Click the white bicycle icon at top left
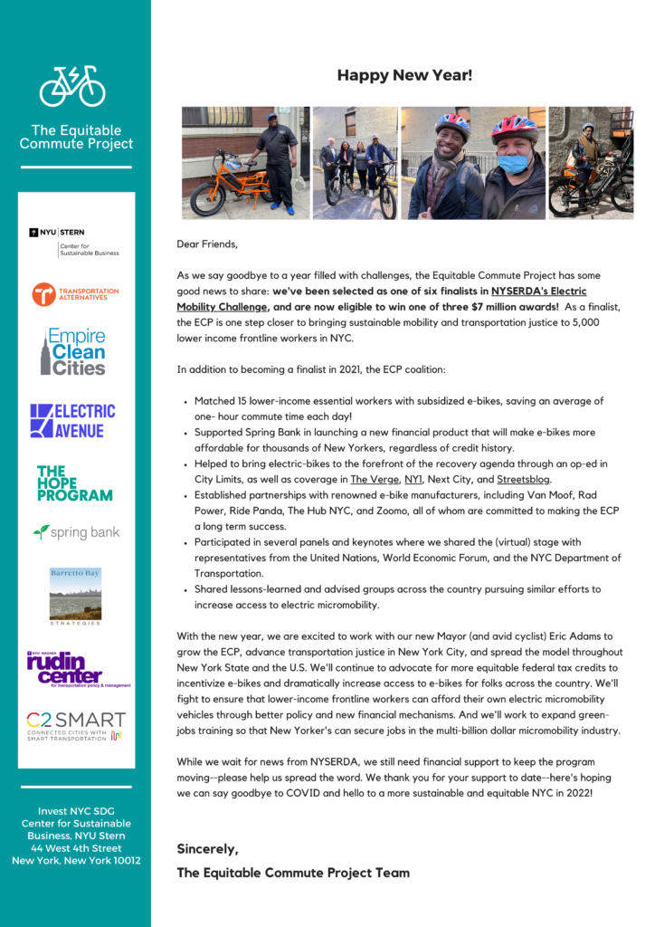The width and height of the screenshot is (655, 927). click(72, 86)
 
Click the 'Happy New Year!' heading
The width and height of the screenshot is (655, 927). click(404, 75)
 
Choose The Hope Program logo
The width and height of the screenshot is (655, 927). click(74, 483)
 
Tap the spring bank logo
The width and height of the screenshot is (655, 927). click(76, 532)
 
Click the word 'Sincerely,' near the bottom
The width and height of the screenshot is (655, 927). click(207, 849)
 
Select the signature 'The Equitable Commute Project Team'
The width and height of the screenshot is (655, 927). click(293, 873)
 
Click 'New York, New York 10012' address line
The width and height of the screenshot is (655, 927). click(76, 861)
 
